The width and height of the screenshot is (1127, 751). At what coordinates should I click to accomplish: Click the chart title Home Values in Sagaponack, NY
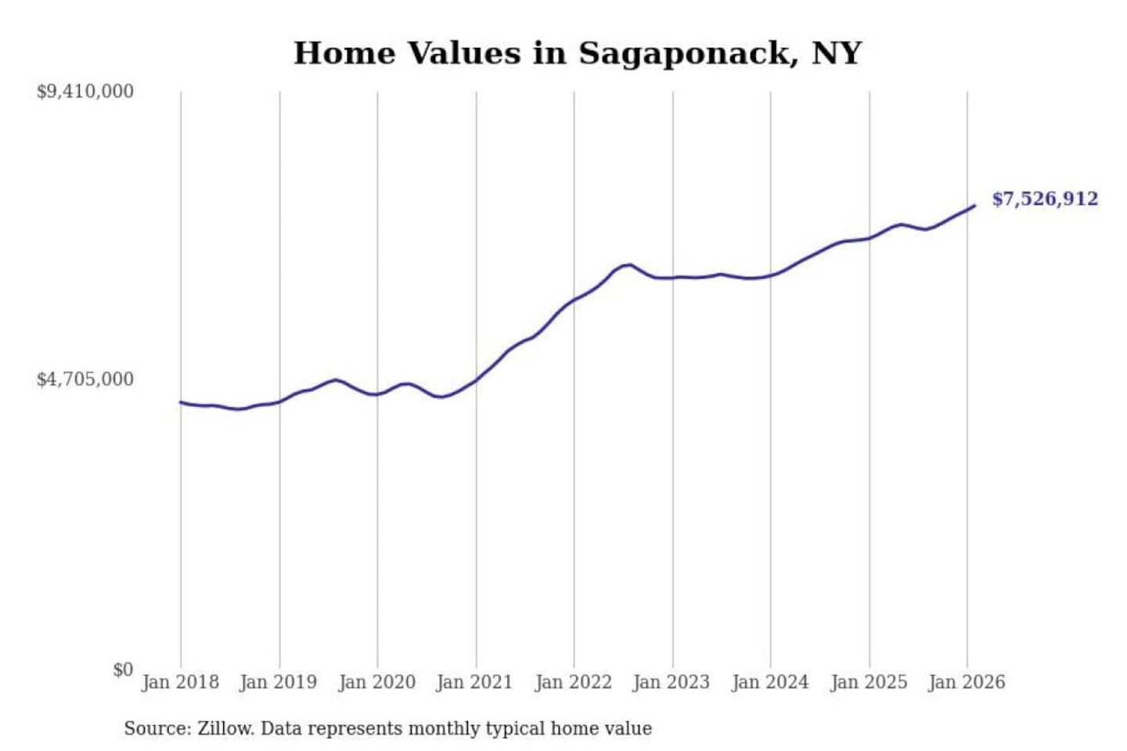[578, 53]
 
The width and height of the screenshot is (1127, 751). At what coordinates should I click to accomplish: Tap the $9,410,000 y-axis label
[85, 92]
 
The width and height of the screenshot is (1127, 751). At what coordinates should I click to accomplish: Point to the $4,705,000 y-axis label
[85, 379]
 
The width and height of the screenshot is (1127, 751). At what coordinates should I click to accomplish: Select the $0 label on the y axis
[123, 670]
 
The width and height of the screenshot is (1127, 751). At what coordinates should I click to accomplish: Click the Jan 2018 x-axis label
[180, 682]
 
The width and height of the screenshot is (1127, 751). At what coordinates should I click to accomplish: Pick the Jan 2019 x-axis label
[279, 682]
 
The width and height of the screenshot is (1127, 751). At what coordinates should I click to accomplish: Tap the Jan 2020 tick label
[376, 682]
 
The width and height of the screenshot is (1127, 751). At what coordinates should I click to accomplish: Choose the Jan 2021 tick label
[474, 682]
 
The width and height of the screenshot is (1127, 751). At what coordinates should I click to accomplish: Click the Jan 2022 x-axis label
[573, 682]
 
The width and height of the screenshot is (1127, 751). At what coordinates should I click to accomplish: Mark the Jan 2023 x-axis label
[672, 682]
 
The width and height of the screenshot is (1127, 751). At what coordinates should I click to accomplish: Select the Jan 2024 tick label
[770, 682]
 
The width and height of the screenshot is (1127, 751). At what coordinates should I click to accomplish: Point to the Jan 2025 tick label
[869, 682]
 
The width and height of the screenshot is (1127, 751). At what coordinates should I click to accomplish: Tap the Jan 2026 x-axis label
[967, 682]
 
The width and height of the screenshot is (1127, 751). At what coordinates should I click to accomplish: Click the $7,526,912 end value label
[1045, 199]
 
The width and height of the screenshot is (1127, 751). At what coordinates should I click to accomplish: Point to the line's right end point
[974, 206]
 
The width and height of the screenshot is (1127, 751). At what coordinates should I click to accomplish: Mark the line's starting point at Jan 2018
[181, 402]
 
